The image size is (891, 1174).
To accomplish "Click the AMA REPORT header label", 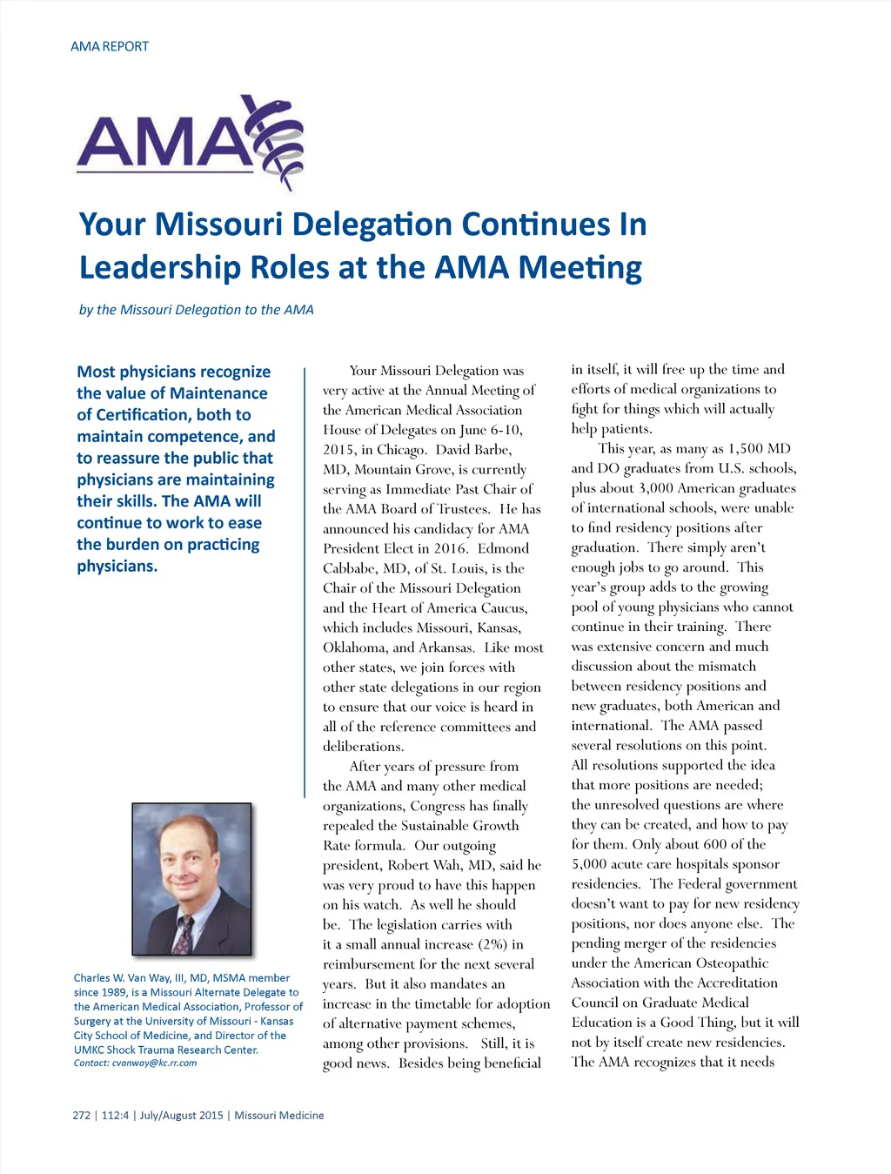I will click(110, 46).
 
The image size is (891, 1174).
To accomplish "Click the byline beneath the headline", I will click(196, 310).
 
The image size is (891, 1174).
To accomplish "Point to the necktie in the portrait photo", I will click(184, 934).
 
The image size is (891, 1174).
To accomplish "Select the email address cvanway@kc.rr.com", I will click(154, 1063).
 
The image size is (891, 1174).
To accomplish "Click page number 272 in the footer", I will click(82, 1116).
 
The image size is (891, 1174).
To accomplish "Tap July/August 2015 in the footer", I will click(181, 1116).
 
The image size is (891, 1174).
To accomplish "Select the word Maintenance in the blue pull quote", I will click(219, 393).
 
